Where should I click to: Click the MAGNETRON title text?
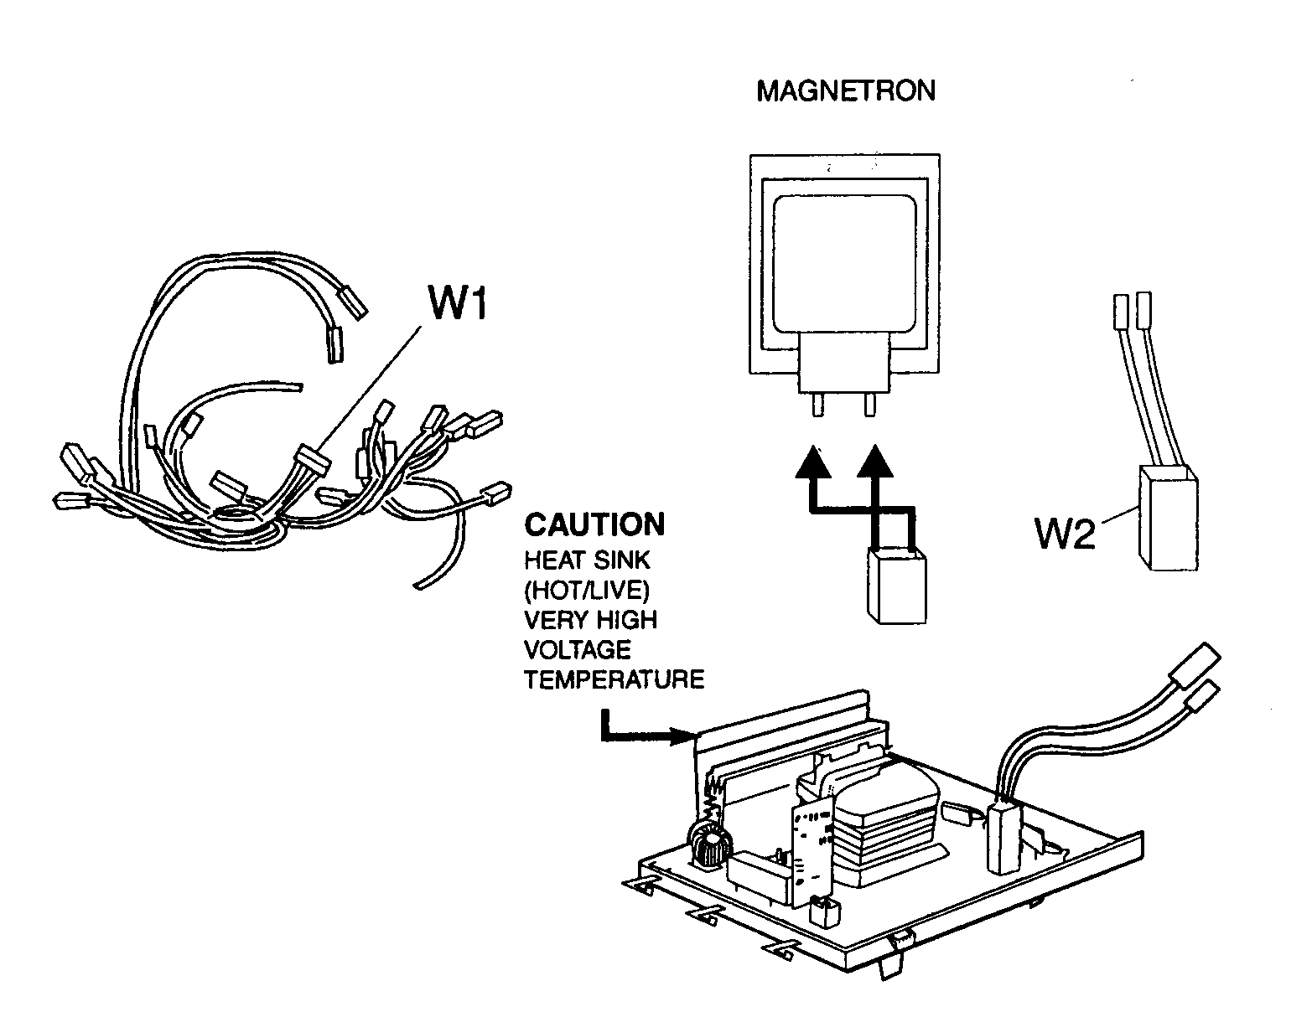pos(845,90)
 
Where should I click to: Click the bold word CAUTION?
pos(594,525)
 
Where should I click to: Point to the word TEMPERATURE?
pos(615,679)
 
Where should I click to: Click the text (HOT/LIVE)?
pos(587,590)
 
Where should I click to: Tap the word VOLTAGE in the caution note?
pos(577,649)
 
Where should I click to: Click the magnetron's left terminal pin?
pos(817,405)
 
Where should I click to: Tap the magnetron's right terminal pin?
pos(869,405)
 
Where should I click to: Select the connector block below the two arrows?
pos(897,586)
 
